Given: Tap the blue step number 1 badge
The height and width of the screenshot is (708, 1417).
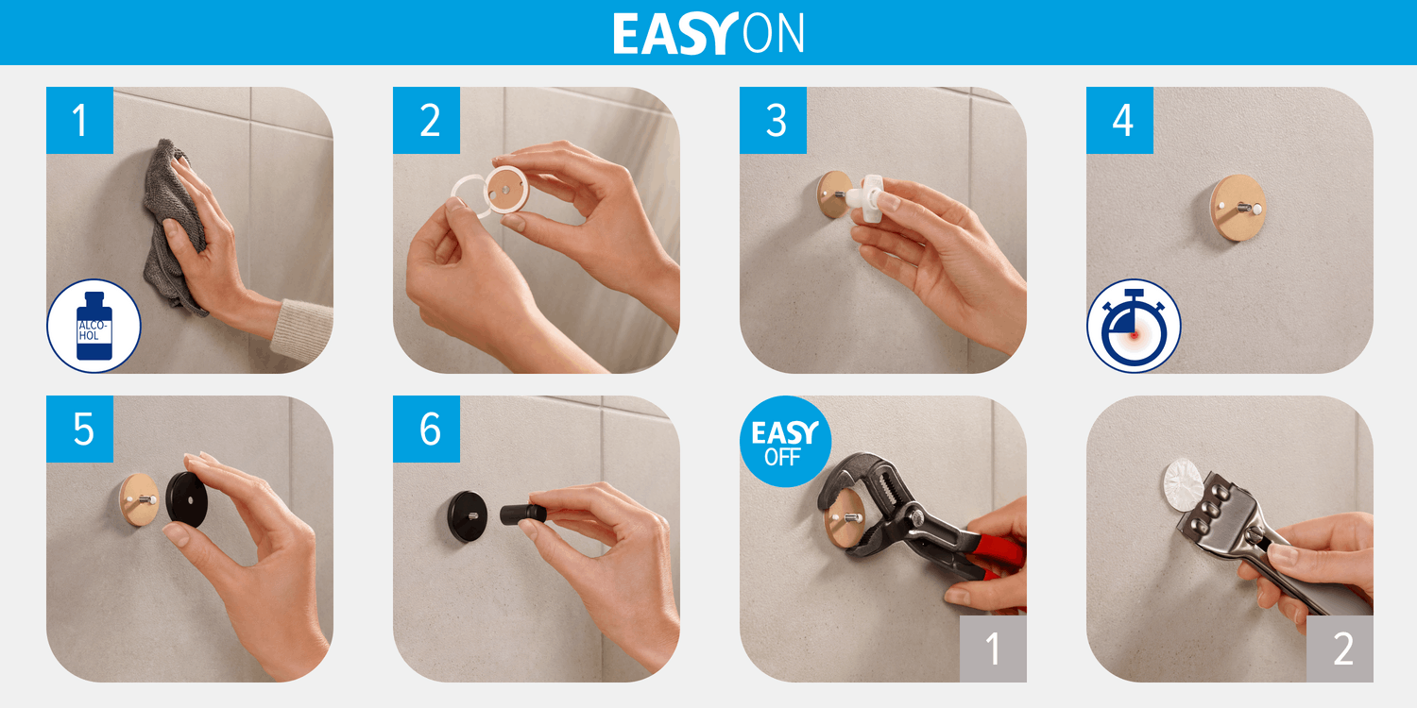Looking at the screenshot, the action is click(x=79, y=120).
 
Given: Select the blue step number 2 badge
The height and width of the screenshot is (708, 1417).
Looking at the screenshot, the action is click(x=426, y=120).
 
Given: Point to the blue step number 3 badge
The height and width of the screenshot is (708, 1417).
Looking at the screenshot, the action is click(x=773, y=120).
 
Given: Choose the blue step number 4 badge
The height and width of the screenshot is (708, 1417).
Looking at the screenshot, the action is click(x=1119, y=120).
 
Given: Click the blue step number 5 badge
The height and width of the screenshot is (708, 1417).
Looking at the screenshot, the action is click(x=79, y=429).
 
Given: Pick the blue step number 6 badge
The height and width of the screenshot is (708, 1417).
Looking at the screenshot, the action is click(x=426, y=429).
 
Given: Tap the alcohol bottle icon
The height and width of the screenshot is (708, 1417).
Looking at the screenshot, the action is click(x=94, y=327).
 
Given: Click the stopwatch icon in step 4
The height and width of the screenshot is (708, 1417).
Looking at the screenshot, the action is click(x=1134, y=327).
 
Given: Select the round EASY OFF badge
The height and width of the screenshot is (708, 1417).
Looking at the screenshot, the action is click(x=785, y=441).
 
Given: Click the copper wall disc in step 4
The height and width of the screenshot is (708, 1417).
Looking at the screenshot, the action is click(x=1238, y=208).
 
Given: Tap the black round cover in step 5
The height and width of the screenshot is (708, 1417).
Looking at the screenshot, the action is click(x=187, y=499).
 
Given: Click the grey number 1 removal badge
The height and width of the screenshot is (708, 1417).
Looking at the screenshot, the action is click(x=993, y=649).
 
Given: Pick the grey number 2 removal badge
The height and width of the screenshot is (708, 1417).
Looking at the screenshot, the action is click(x=1340, y=649).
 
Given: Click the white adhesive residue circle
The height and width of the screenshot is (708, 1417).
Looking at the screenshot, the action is click(x=1182, y=483).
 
